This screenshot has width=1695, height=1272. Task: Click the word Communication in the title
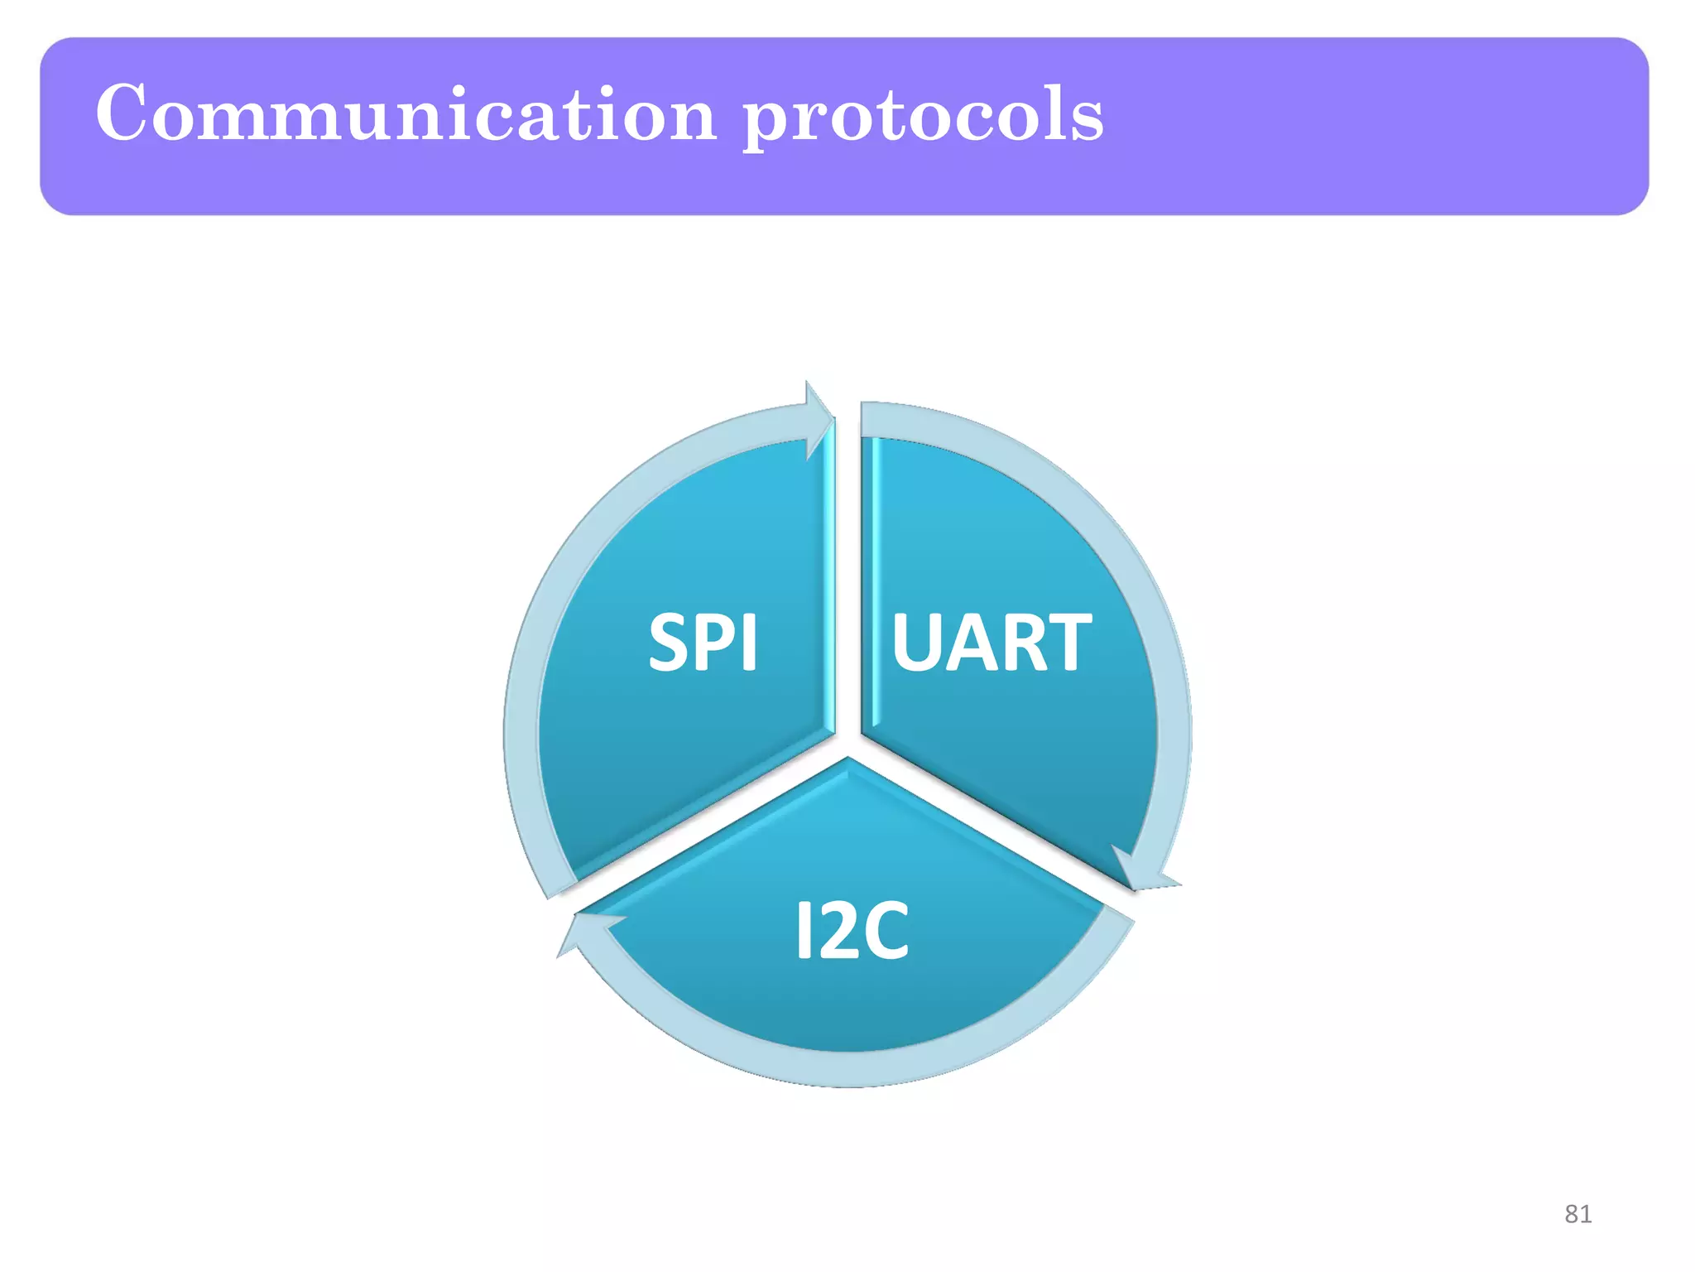(x=406, y=113)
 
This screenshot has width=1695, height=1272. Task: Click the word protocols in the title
(x=923, y=116)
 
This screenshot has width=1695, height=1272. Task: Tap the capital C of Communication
(x=124, y=113)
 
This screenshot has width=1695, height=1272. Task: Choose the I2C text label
(x=852, y=931)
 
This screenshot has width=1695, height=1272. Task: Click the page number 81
(x=1577, y=1214)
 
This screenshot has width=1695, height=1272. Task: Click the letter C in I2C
(x=885, y=931)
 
